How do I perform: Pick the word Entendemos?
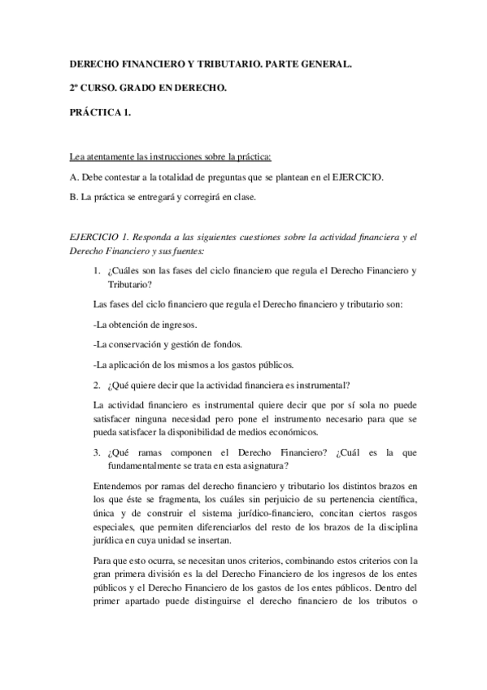coord(100,487)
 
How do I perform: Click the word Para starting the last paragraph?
coord(82,561)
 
